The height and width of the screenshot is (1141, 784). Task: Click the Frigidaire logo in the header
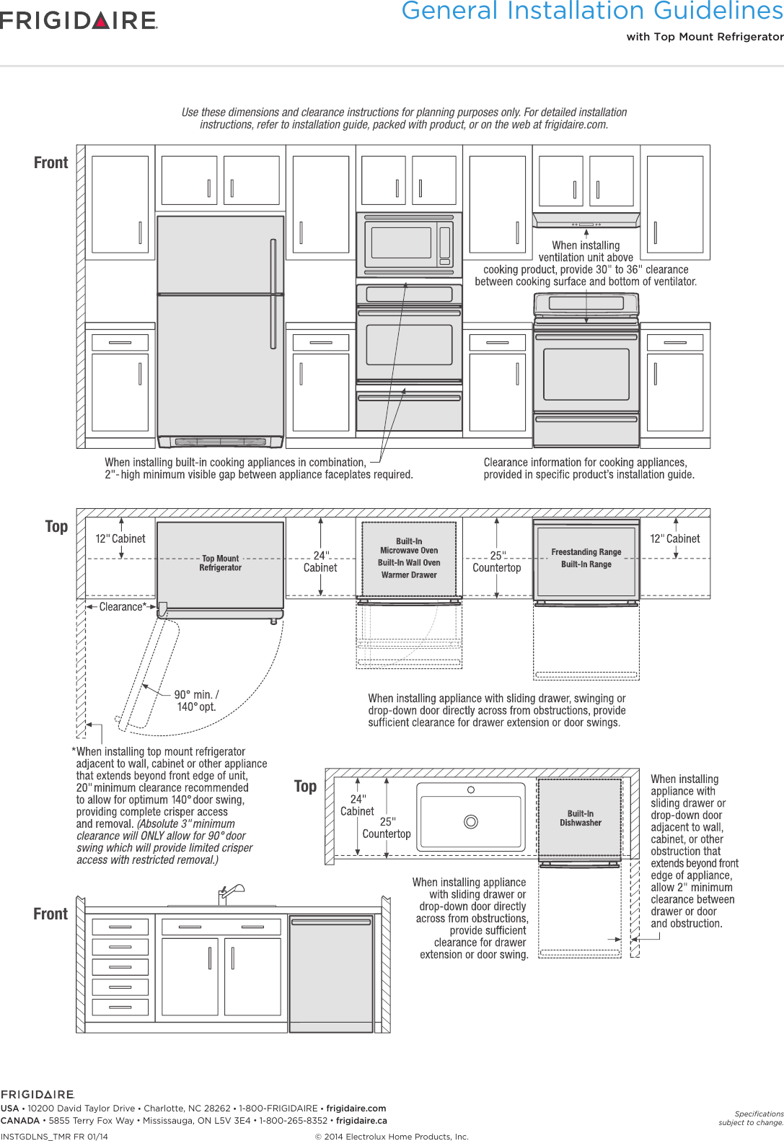coord(79,20)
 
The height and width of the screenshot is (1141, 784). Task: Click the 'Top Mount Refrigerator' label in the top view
coord(220,563)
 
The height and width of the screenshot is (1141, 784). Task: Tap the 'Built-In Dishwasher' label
coord(581,818)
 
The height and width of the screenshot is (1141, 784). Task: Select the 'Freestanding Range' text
coord(586,552)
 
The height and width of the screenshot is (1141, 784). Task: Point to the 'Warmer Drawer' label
coord(409,575)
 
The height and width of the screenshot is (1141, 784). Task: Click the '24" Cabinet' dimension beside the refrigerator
coord(320,561)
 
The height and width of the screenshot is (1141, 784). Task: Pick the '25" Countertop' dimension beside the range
coord(496,561)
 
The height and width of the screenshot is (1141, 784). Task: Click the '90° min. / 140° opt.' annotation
coord(196,700)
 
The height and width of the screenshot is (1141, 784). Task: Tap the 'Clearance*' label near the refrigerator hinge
coord(122,607)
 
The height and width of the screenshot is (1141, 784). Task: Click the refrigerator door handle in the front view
coord(273,294)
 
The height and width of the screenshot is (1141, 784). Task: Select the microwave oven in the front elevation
coord(408,243)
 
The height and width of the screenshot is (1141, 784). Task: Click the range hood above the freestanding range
coord(586,219)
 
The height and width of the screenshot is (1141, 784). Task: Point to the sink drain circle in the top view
coord(471,821)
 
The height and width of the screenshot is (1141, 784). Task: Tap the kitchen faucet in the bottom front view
coord(229,893)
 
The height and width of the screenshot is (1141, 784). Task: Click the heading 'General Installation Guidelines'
coord(591,12)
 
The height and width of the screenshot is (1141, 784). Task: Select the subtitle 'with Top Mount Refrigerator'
coord(704,37)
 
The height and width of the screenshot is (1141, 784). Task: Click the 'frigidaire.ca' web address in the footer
coord(361,1121)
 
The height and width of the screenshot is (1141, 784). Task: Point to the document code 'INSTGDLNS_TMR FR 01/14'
coord(54,1137)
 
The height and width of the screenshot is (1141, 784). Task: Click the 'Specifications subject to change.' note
coord(751,1118)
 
